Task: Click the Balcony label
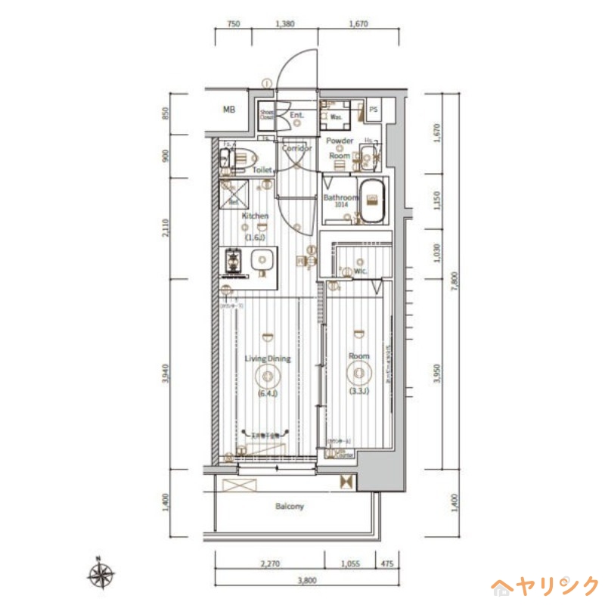(289, 506)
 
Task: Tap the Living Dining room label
(268, 358)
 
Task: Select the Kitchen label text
(255, 216)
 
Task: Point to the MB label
(229, 110)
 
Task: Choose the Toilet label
(262, 171)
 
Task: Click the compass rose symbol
(101, 575)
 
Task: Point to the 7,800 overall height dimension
(453, 280)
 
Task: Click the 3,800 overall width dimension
(306, 581)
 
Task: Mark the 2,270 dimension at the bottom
(270, 563)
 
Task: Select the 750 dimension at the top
(234, 24)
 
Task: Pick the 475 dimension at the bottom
(387, 563)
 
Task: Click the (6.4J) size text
(267, 394)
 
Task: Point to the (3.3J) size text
(358, 391)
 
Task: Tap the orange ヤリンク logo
(545, 585)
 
